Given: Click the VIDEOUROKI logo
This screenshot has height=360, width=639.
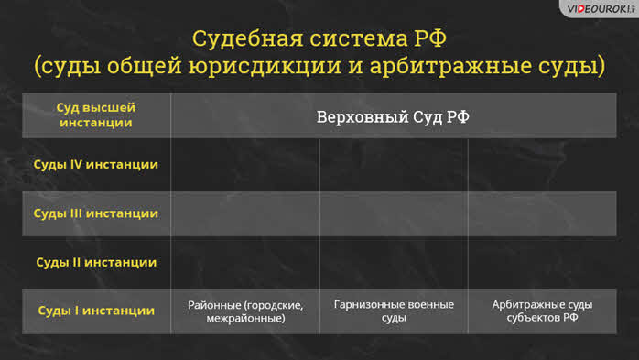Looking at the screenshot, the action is [x=601, y=9].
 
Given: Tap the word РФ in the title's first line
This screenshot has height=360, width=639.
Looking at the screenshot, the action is [x=430, y=38].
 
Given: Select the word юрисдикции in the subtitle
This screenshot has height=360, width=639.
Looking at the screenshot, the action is [x=265, y=66].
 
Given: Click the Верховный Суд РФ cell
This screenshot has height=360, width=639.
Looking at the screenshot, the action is [x=393, y=117].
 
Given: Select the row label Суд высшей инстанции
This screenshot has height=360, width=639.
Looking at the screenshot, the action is [x=96, y=115].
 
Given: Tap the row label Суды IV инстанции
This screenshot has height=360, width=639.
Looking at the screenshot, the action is [x=96, y=164].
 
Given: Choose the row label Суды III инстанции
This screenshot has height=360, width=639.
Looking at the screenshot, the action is [x=96, y=213].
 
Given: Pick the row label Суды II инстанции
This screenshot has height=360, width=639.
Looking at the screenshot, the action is [x=96, y=262].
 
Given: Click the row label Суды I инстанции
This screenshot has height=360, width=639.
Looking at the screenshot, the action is [x=96, y=311].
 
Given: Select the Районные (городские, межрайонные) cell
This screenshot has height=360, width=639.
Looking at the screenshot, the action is [x=245, y=311].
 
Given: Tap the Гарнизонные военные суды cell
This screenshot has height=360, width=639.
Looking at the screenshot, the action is [x=394, y=311].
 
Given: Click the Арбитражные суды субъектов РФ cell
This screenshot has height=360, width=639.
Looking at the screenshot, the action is [x=542, y=311].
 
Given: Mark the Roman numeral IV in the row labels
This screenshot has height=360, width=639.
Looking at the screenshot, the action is [x=76, y=164].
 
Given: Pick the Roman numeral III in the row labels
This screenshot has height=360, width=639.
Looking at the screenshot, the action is [x=76, y=213].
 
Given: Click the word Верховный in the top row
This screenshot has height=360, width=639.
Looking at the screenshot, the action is [x=363, y=117].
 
